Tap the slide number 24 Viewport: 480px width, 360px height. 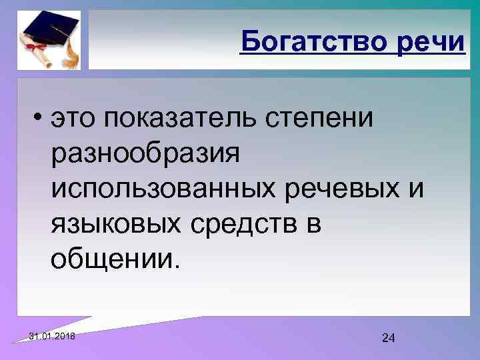pos(389,339)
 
